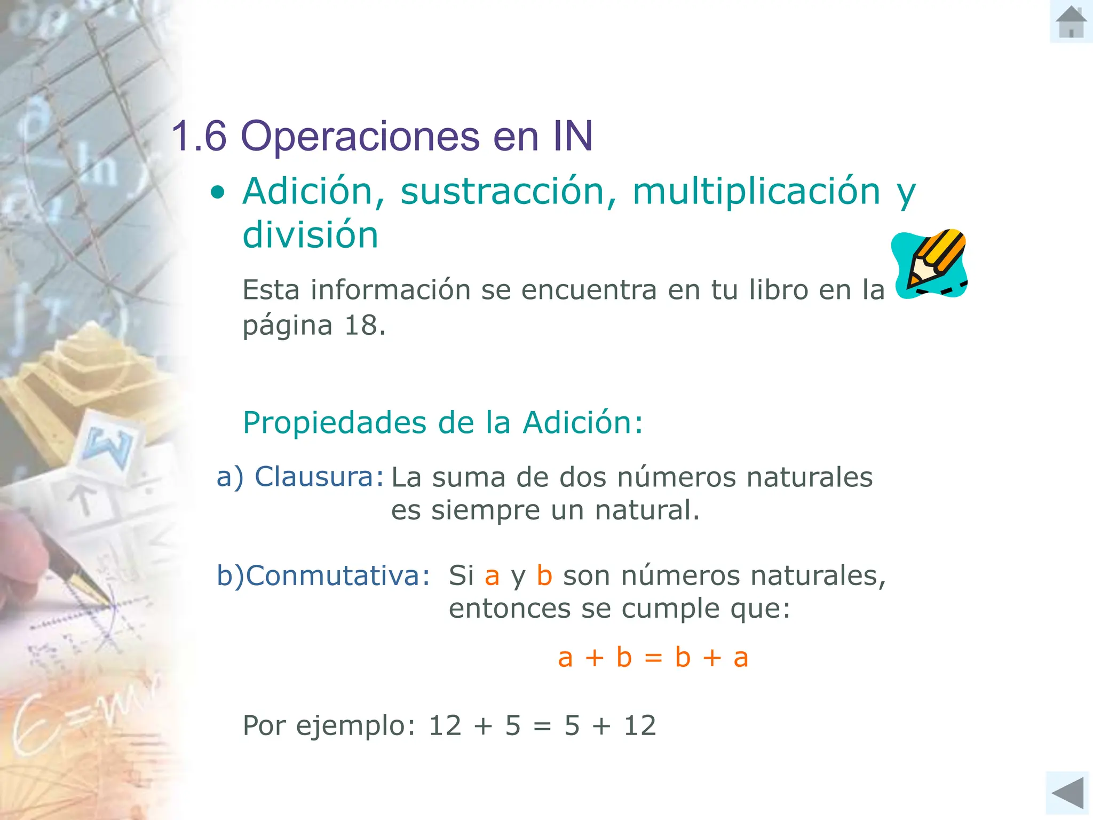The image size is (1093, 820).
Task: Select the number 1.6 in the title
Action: click(x=199, y=136)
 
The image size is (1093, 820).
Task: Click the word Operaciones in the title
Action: click(x=360, y=137)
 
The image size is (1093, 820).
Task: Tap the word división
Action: click(x=310, y=235)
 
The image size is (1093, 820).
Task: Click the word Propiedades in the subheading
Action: click(x=335, y=423)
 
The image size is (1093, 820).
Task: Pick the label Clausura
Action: click(x=318, y=477)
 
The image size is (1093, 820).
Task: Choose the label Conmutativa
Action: click(x=337, y=575)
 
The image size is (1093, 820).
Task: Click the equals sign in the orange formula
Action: click(x=653, y=658)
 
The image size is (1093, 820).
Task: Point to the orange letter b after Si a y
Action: click(x=544, y=575)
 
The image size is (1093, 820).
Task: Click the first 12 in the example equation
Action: click(x=445, y=726)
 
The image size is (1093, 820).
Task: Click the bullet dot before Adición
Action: click(x=217, y=192)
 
